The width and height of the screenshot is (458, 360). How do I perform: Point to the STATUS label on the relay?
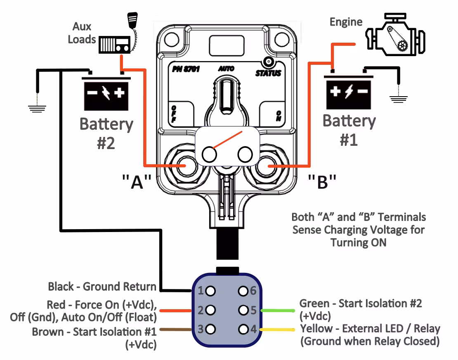tap(268, 73)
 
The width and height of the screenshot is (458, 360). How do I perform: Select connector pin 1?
tap(210, 291)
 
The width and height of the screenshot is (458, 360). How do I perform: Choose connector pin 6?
tap(243, 291)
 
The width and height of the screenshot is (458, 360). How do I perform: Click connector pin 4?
tap(243, 329)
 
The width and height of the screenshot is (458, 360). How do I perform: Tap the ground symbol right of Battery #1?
tap(399, 98)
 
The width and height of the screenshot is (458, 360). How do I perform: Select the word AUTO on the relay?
tap(226, 69)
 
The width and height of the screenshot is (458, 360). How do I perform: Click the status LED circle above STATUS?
tap(269, 62)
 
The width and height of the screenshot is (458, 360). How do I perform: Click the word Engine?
tap(346, 21)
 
